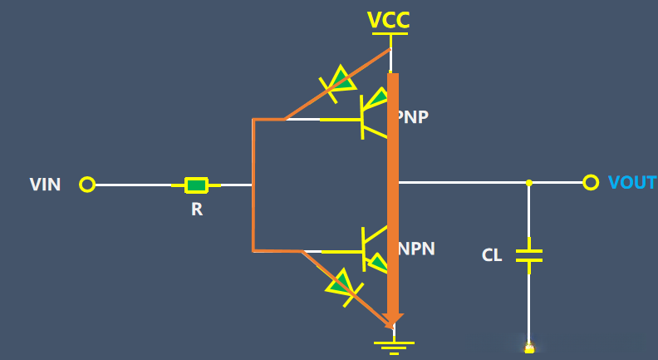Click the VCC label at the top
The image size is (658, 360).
pos(388,20)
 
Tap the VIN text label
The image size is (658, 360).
pos(45,185)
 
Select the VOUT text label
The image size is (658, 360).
pos(632,183)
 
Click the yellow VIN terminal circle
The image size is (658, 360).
pos(87,185)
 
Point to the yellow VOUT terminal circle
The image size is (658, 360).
pos(591,183)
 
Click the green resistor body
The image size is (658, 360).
pos(196,185)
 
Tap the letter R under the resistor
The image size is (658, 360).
pos(197,210)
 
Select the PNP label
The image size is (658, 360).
pos(413,116)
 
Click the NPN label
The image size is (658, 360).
pos(416,249)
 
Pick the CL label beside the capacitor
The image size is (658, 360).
pos(492,255)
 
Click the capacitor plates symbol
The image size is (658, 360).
pos(528,255)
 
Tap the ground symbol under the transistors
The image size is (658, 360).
pos(394,348)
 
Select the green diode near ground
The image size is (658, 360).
pos(343,285)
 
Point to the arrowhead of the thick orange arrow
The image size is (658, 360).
pos(393,320)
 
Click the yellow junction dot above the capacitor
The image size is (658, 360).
pos(529,183)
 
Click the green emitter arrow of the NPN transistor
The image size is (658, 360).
pos(377,264)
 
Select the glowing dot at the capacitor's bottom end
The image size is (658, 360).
pos(529,348)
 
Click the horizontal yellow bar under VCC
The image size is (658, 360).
pos(390,33)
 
